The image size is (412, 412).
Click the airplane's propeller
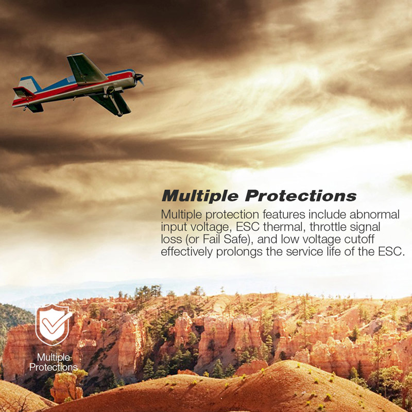click(139, 78)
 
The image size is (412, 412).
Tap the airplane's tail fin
click(29, 84)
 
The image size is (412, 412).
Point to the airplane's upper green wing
click(86, 69)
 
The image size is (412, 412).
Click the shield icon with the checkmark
click(54, 324)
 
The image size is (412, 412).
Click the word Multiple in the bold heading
click(200, 196)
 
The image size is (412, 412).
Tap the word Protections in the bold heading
click(301, 196)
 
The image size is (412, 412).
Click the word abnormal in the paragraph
click(374, 214)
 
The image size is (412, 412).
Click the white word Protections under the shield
click(54, 367)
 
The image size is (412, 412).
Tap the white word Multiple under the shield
click(54, 357)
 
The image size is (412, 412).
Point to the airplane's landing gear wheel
click(119, 114)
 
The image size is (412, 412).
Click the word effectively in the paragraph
click(187, 252)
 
